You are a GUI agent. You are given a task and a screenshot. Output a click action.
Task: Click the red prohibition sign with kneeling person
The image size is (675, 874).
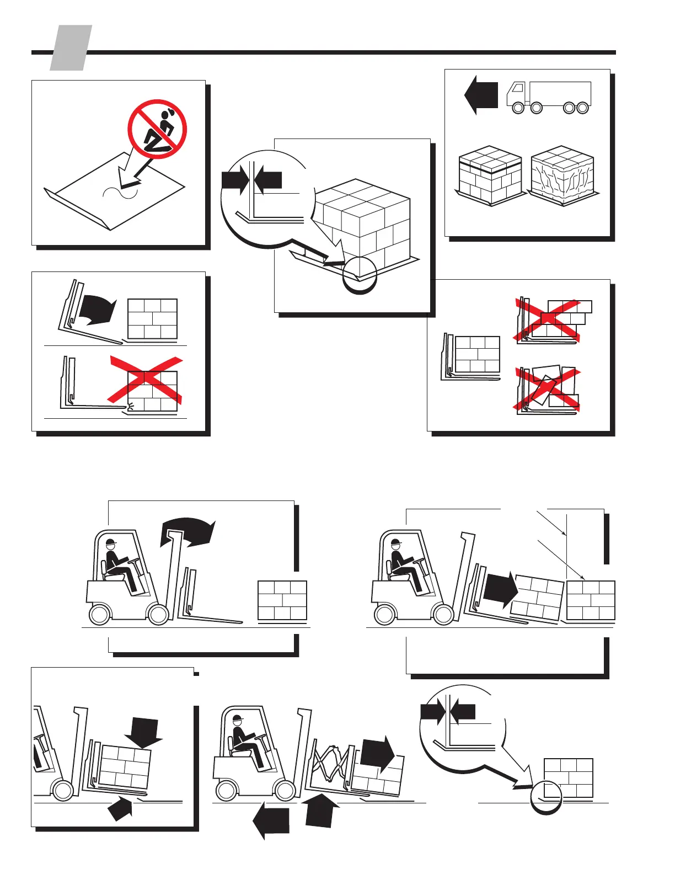[x=157, y=129]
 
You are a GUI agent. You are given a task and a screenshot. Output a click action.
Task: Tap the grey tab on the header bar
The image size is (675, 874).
[x=71, y=49]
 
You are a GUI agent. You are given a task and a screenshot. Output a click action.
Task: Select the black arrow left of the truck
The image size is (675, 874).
[x=481, y=95]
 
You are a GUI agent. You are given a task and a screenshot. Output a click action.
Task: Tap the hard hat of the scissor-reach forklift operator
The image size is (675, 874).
[x=238, y=720]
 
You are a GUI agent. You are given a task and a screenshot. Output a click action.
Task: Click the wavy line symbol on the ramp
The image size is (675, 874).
[x=120, y=192]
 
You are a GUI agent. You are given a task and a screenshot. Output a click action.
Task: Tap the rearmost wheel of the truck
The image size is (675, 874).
[x=583, y=108]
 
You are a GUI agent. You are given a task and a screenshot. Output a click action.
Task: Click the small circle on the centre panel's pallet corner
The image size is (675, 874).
[x=360, y=274]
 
